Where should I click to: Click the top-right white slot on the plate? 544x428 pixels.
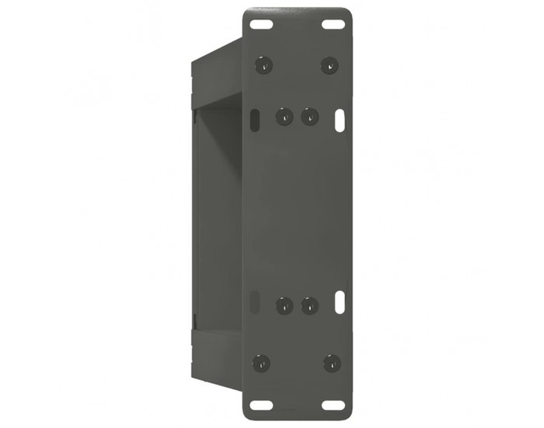333,24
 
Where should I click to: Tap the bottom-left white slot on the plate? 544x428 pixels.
263,404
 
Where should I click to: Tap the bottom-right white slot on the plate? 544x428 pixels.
333,404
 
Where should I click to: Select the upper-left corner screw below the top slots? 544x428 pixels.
264,65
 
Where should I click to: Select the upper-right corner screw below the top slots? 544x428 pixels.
330,65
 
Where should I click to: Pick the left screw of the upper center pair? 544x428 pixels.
284,117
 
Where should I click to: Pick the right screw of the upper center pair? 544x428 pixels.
309,117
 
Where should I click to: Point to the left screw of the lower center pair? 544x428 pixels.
284,305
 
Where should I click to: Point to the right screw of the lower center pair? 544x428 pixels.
309,305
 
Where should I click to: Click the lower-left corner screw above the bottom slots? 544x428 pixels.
262,363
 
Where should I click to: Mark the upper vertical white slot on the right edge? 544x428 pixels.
340,120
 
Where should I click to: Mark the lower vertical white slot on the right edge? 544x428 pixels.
340,301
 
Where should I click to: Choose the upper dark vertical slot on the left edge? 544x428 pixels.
255,120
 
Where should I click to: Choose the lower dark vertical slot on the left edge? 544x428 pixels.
255,301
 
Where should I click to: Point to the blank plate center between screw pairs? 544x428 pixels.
297,210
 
